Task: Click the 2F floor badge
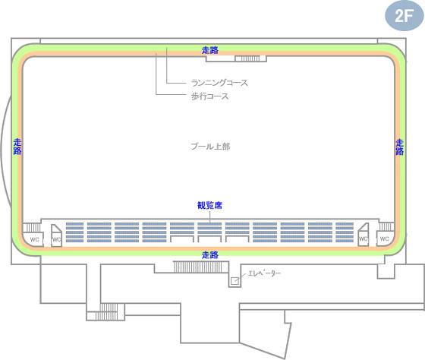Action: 404,16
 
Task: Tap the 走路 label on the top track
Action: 210,50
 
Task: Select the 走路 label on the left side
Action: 17,147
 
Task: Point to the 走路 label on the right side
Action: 399,147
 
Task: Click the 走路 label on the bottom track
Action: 210,254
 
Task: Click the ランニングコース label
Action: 219,83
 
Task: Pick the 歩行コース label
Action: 209,96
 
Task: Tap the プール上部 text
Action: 211,147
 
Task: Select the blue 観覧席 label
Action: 209,205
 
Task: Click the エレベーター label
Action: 264,273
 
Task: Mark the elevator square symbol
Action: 235,281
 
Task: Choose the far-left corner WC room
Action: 33,239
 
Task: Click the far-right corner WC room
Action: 385,238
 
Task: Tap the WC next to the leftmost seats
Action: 56,235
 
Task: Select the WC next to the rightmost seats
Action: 364,235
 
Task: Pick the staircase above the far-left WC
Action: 31,227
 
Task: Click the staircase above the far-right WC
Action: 386,226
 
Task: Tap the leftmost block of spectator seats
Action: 75,232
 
